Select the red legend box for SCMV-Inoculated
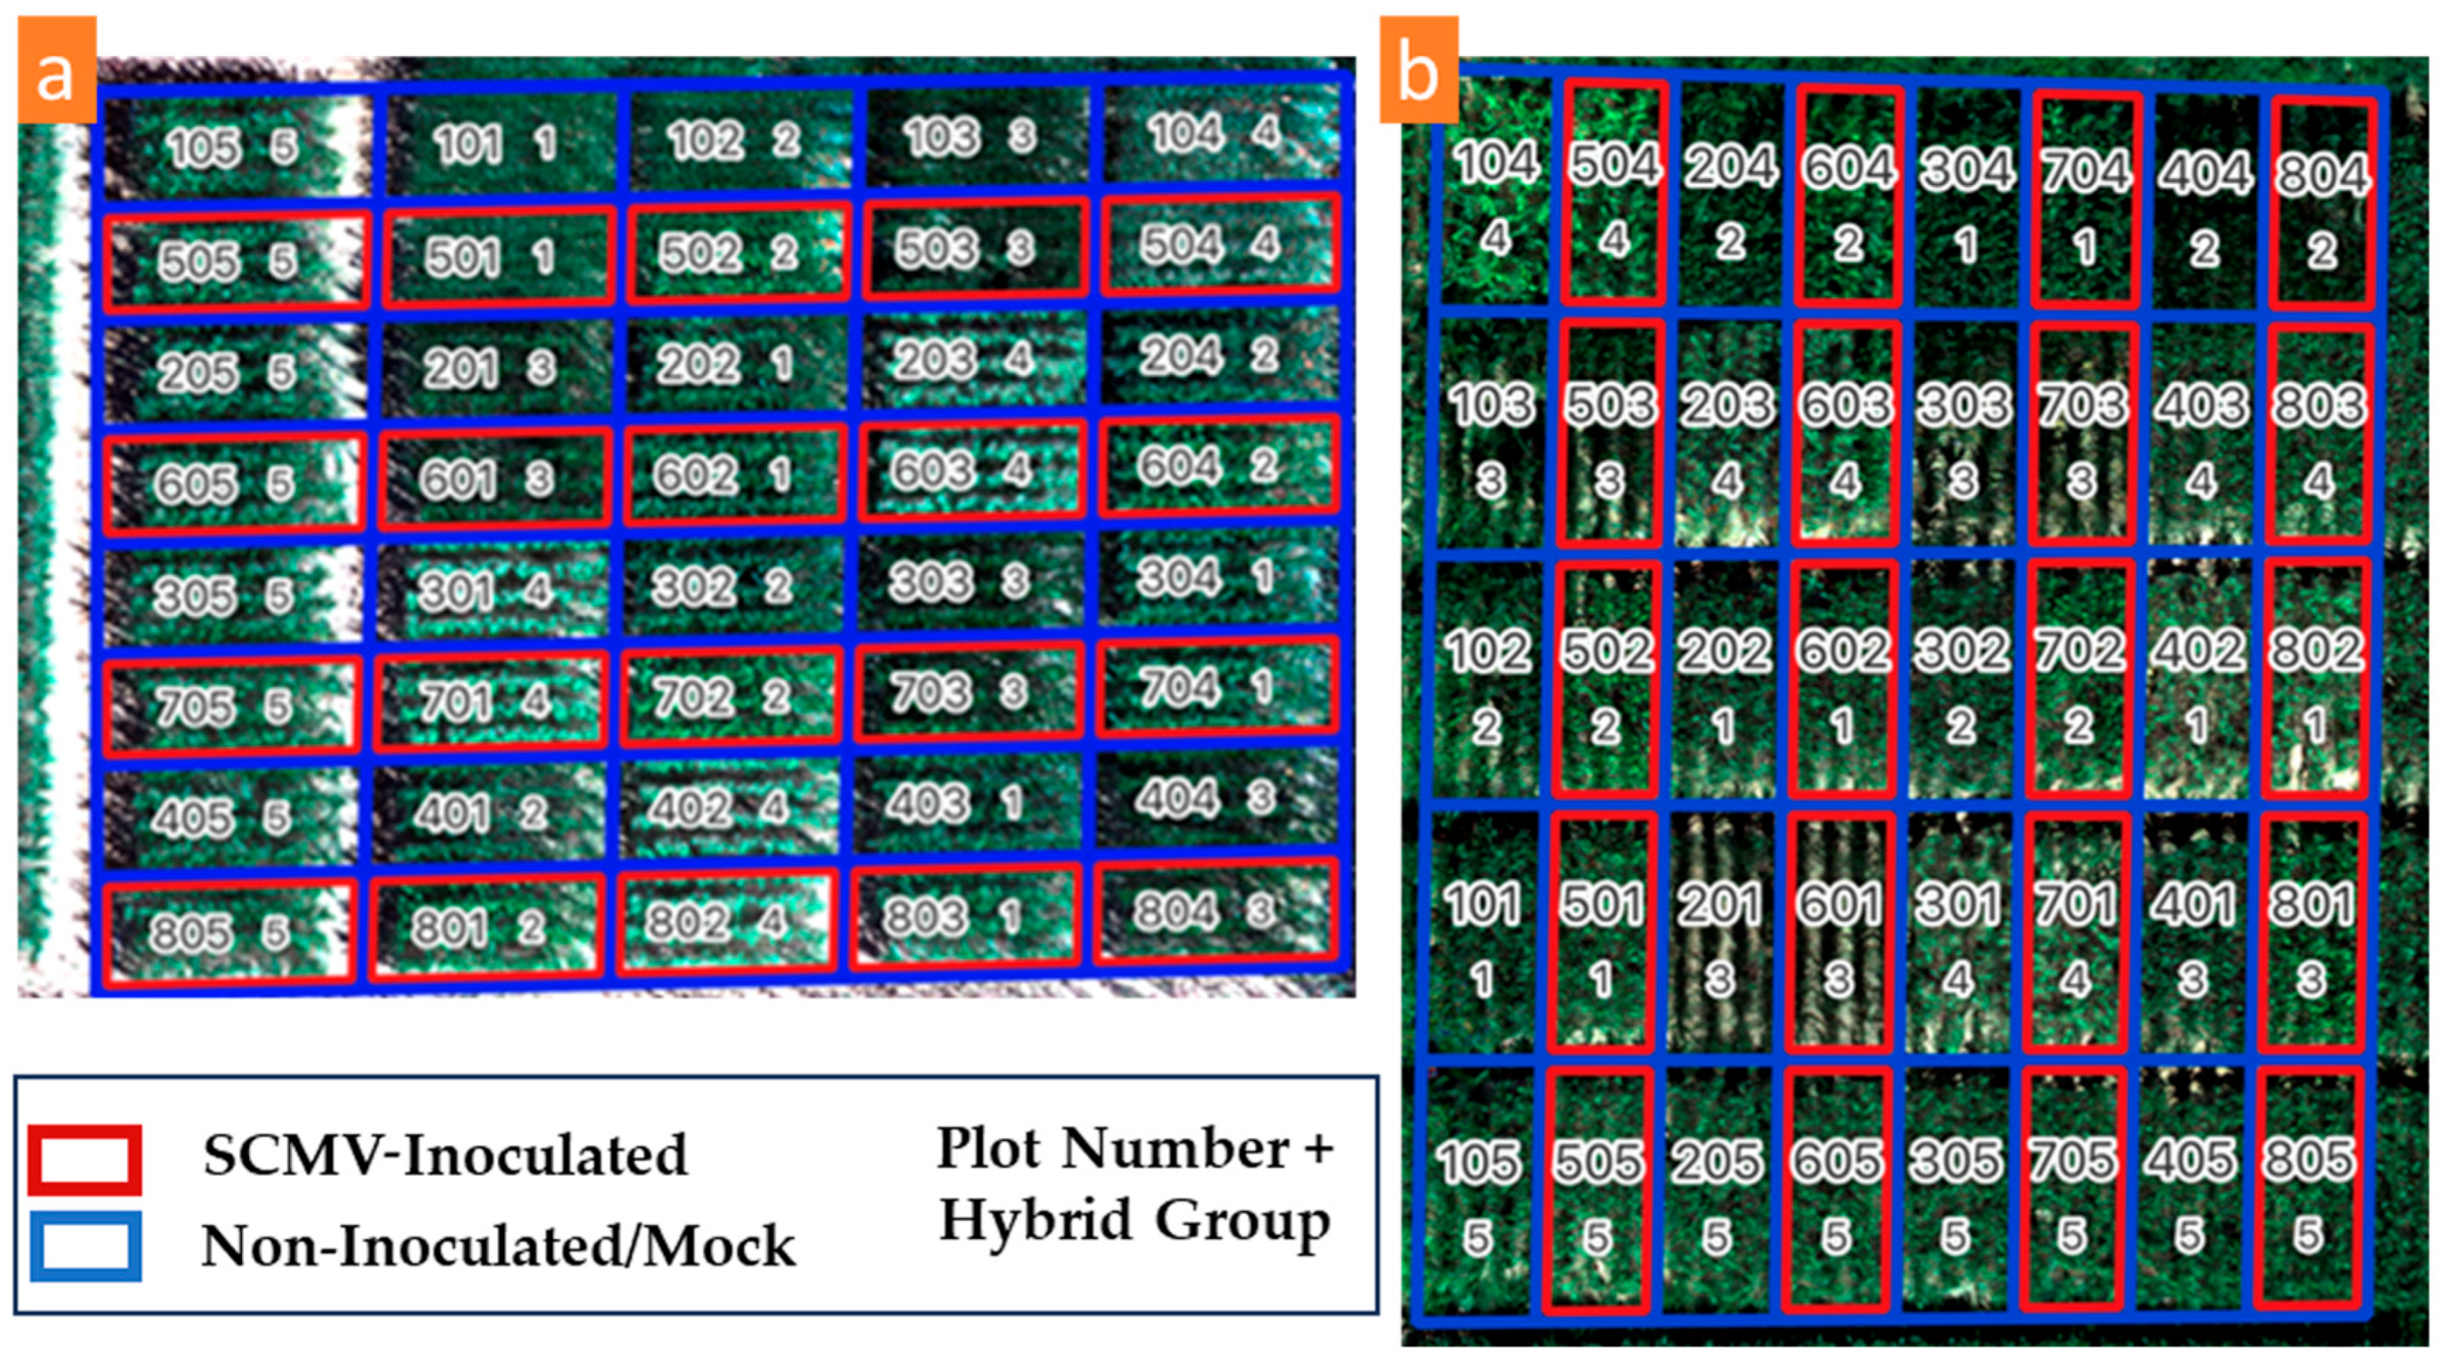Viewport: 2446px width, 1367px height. click(x=84, y=1159)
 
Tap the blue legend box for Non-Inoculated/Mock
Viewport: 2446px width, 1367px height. click(x=84, y=1246)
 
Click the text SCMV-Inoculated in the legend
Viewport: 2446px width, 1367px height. click(x=445, y=1155)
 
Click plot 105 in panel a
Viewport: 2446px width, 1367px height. click(x=233, y=147)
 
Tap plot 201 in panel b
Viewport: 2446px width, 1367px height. click(x=1718, y=935)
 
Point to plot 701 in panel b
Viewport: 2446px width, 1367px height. click(x=2075, y=935)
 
